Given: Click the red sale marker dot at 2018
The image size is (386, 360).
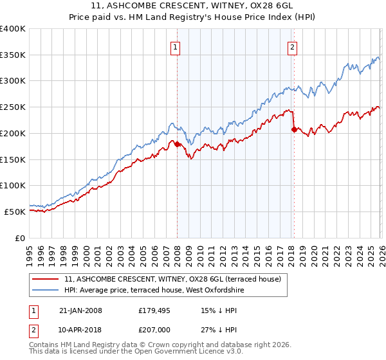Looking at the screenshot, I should pyautogui.click(x=294, y=129).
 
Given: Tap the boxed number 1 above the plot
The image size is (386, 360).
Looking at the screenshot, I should pyautogui.click(x=176, y=46).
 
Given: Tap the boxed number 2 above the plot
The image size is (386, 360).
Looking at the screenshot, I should pyautogui.click(x=293, y=46).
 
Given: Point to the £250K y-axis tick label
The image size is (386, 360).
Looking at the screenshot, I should pyautogui.click(x=13, y=107).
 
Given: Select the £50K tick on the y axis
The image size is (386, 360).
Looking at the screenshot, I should pyautogui.click(x=15, y=212).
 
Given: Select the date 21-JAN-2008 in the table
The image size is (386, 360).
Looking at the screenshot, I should pyautogui.click(x=80, y=310).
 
